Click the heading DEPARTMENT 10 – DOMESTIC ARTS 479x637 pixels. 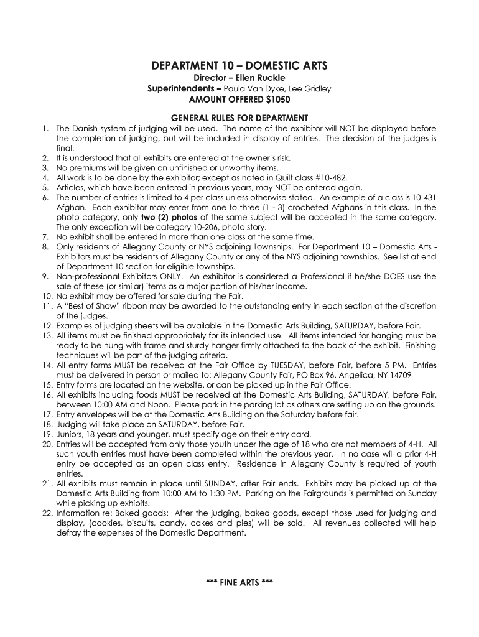(x=240, y=65)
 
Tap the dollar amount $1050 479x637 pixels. (x=278, y=99)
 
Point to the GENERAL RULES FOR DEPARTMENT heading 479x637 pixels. (x=240, y=118)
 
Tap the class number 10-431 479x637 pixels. (x=423, y=197)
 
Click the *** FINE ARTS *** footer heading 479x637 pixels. (x=240, y=583)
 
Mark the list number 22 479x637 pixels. (x=47, y=514)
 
